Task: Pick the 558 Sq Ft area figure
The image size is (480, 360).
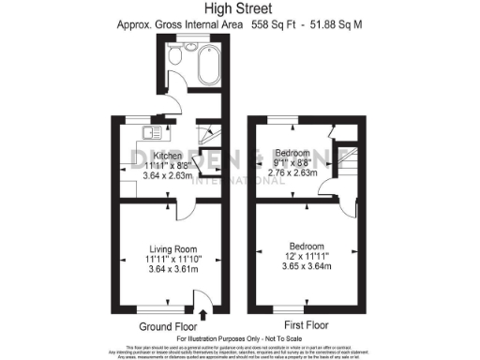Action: point(278,26)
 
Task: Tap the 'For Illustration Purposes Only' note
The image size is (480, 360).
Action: point(239,338)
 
